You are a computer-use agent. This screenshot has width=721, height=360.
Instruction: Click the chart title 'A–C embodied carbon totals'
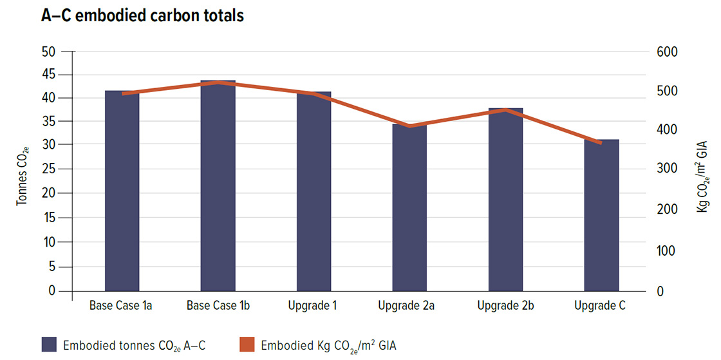point(142,16)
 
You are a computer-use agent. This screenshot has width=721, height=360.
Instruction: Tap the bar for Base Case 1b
point(218,186)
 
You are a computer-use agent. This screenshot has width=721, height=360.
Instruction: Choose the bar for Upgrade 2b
point(506,200)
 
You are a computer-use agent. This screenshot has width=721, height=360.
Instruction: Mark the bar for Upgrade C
point(601,215)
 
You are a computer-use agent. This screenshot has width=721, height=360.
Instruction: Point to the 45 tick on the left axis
point(49,75)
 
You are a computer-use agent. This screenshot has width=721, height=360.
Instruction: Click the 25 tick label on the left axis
point(49,170)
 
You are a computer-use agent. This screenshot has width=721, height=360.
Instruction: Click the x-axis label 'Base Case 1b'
point(218,306)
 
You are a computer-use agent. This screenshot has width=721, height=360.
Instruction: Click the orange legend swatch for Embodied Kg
point(247,345)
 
